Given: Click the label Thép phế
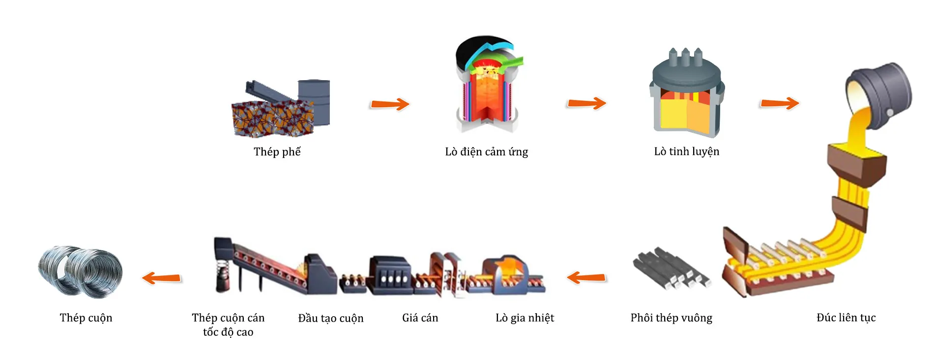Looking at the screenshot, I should tap(277, 151).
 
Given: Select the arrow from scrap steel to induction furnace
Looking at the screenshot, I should tap(389, 104).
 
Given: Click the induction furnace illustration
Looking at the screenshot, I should tap(487, 86).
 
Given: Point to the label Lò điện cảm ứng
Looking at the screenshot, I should tap(486, 151).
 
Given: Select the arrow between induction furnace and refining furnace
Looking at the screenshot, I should tap(586, 103).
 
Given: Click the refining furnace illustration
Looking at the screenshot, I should tap(686, 96).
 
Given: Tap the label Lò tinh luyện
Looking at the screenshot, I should tap(686, 151).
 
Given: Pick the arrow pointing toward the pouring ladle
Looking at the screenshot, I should tap(779, 103).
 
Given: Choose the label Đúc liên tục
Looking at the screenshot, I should tap(846, 318).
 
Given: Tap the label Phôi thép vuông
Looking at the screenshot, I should tap(671, 318).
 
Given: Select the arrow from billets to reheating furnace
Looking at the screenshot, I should tap(586, 278).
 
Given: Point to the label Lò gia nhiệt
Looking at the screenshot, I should tap(525, 318).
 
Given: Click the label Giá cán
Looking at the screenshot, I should tap(420, 318).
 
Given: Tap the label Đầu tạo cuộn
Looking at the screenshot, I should tap(330, 318).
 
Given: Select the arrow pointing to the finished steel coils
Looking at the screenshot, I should tap(162, 278).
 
